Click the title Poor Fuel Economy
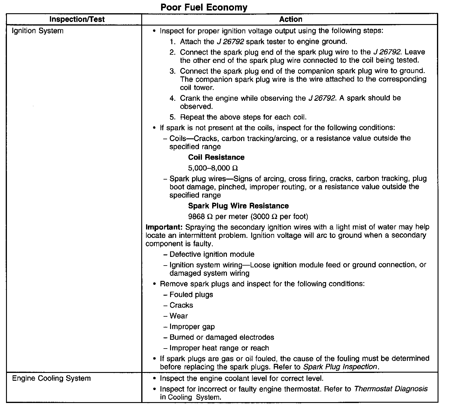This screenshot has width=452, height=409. [204, 7]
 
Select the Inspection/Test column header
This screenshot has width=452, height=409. [77, 20]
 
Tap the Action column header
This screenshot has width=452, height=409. [291, 20]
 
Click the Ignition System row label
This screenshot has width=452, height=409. [37, 31]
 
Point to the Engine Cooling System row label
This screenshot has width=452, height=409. [51, 378]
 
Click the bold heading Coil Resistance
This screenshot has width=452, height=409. [216, 157]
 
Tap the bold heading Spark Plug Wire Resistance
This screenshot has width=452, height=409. [238, 206]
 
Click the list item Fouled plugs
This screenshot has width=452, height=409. [191, 295]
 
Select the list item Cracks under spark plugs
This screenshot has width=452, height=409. [181, 305]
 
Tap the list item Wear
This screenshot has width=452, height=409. [179, 316]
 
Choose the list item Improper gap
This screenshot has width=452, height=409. [192, 327]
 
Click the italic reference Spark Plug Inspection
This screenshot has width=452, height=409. [340, 367]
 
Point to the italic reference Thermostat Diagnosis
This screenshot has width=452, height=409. [391, 389]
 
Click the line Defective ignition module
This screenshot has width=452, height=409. [212, 254]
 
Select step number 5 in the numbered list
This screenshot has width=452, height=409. [172, 117]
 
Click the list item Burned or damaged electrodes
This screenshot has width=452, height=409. [222, 337]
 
